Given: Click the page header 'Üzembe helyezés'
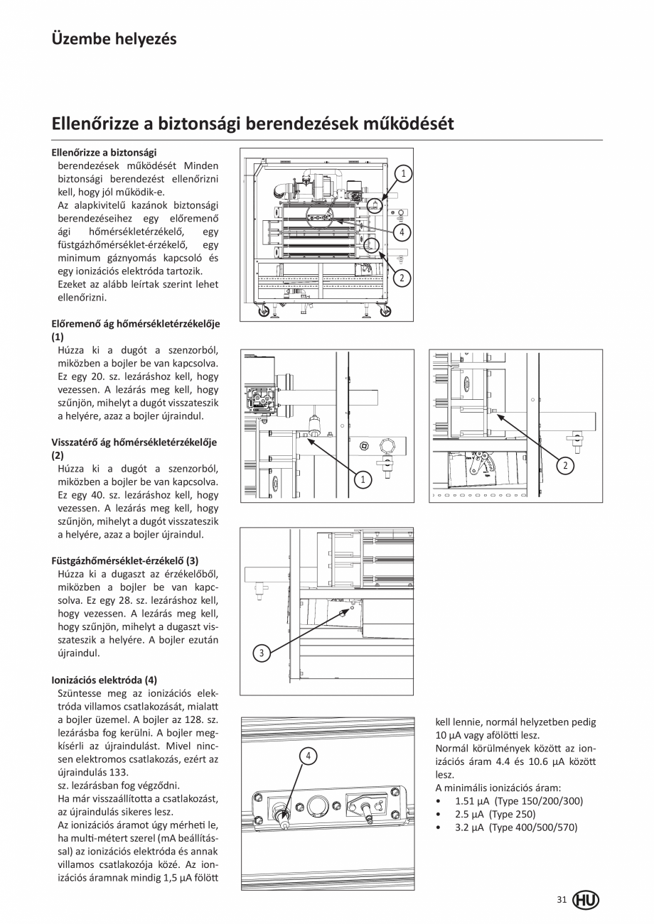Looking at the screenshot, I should [114, 38].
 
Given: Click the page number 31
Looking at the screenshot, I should [562, 900].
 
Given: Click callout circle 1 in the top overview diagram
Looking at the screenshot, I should [402, 173].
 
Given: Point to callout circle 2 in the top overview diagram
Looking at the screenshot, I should [402, 278].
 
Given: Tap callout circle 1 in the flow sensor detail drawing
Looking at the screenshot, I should [363, 481].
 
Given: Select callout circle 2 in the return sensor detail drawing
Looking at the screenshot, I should [564, 466].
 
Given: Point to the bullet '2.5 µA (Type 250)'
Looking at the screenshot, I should [495, 814].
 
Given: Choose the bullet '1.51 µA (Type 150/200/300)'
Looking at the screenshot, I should [518, 801].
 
